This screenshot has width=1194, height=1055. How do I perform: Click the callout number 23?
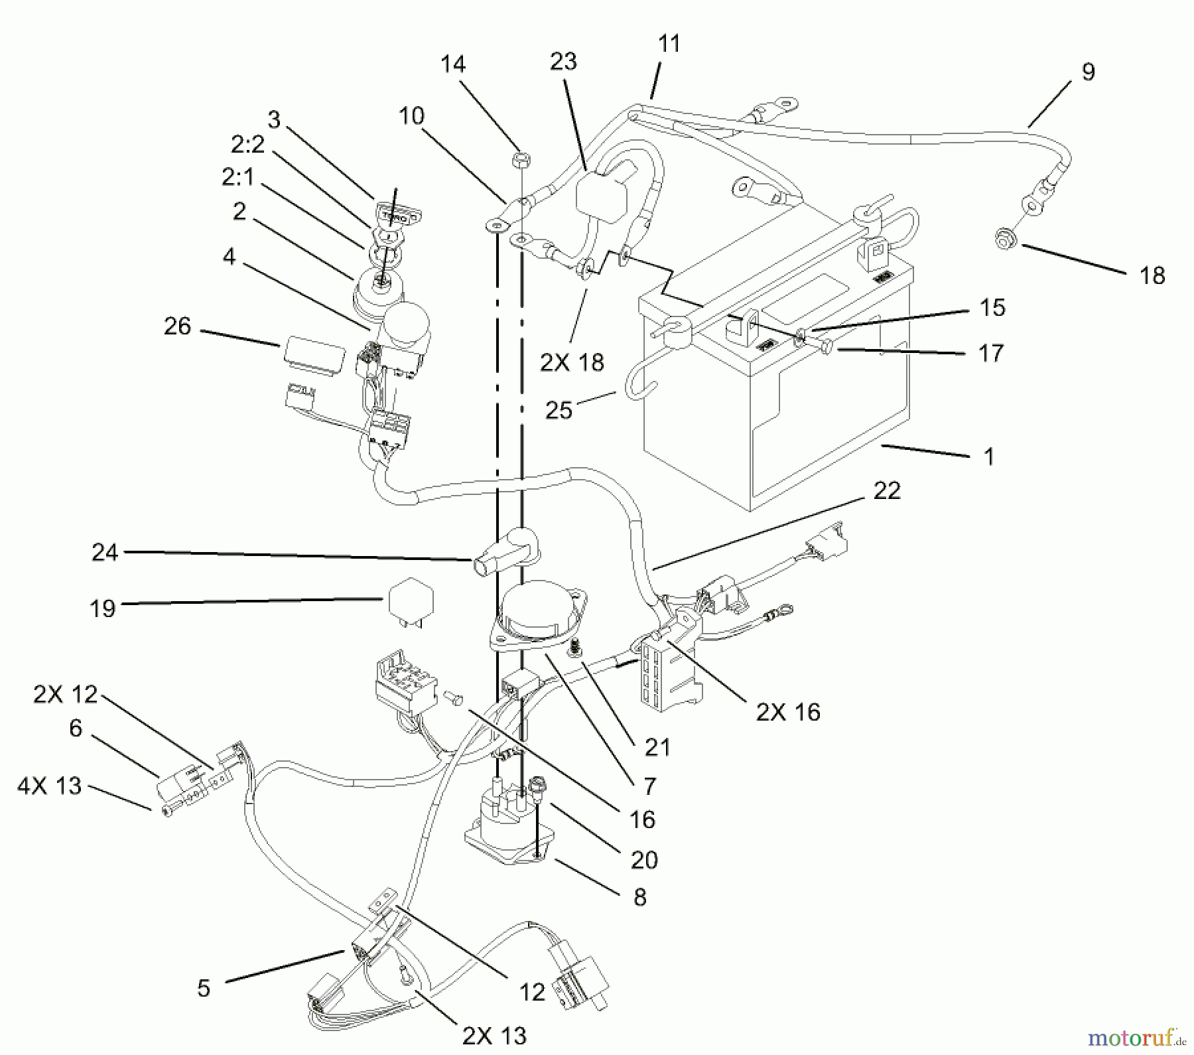tap(563, 62)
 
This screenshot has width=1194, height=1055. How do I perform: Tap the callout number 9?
tap(1088, 72)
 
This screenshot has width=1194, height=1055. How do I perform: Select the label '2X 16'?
tap(788, 712)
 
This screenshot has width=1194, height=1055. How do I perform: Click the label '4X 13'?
tap(49, 786)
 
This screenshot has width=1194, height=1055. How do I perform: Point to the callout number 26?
tap(177, 326)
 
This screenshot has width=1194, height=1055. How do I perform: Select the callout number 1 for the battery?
tap(989, 457)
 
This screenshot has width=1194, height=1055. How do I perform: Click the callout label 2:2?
tap(247, 144)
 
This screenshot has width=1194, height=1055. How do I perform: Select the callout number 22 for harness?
tap(887, 491)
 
